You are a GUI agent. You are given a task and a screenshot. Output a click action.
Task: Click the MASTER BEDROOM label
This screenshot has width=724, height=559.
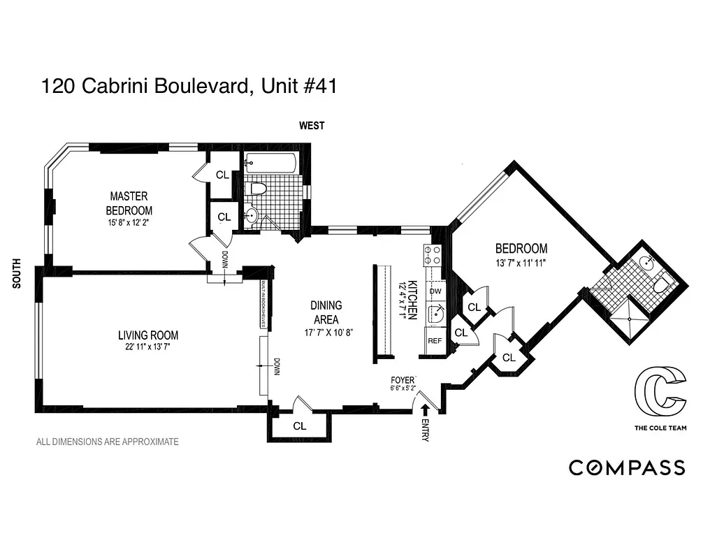tap(129, 203)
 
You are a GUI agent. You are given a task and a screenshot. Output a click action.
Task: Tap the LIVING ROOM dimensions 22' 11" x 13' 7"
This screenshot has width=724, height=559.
tap(147, 347)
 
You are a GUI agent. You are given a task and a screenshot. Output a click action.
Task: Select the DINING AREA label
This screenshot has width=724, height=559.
tap(326, 312)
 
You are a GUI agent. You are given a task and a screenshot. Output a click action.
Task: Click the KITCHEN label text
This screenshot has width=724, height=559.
tap(413, 300)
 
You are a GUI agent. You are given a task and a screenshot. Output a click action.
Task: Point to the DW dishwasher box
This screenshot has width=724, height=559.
tap(435, 291)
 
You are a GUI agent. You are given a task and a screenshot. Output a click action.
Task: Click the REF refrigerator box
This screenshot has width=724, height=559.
tap(435, 341)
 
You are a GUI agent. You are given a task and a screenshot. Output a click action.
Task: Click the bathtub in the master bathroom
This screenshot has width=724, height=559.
tap(270, 164)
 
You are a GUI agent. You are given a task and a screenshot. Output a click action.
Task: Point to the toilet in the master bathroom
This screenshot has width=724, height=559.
tap(259, 188)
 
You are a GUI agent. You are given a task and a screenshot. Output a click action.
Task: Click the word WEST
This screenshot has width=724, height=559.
tap(312, 126)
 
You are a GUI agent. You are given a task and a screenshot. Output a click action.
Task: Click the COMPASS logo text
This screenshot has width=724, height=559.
tap(627, 467)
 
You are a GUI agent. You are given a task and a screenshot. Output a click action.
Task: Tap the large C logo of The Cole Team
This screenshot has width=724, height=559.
tap(659, 393)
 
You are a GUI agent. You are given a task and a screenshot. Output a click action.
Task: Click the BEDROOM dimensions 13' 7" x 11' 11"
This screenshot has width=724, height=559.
tap(521, 263)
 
